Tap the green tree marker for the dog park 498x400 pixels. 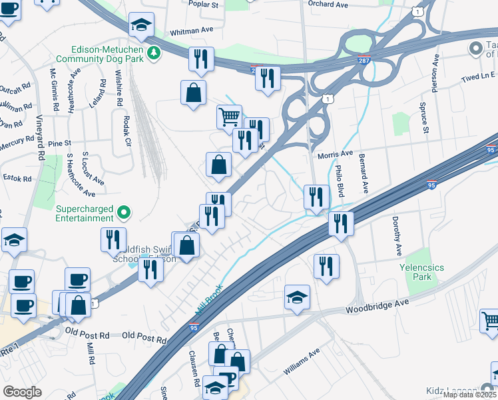[x=154, y=53]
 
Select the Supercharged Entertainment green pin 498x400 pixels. [x=123, y=213]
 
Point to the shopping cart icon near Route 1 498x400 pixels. [x=229, y=117]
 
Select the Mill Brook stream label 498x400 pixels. [x=207, y=301]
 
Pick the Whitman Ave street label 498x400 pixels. [x=191, y=31]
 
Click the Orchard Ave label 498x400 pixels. [x=328, y=4]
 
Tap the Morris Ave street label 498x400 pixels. [x=335, y=154]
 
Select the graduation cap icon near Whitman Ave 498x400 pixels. [x=141, y=25]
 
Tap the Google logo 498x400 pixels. [x=23, y=392]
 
